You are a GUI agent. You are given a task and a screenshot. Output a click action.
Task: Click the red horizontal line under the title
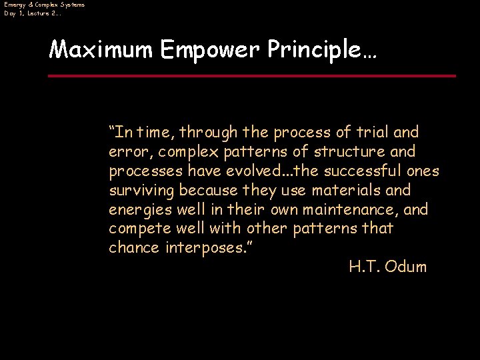252,76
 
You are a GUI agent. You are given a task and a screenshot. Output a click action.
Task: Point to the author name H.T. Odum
387,267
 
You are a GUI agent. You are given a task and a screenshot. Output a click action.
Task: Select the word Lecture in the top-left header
41,13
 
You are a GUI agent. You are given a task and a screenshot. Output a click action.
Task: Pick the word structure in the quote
355,151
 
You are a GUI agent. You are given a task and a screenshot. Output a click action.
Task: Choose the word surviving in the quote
141,191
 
